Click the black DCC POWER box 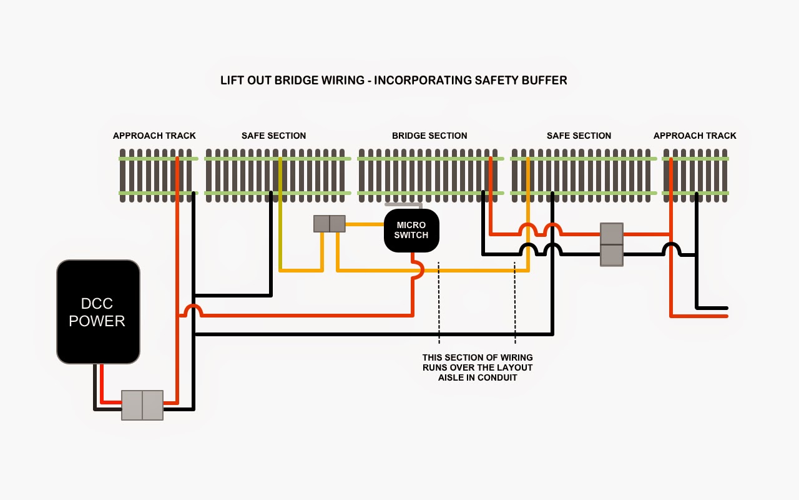tap(98, 312)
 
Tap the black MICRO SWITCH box tap(411, 231)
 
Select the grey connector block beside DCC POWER tap(142, 405)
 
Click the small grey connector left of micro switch tap(330, 224)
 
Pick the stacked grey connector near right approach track tap(612, 244)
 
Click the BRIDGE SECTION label tap(429, 136)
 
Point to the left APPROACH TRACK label tap(154, 136)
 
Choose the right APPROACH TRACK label tap(695, 136)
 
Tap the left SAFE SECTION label tap(273, 136)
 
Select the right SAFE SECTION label tap(579, 136)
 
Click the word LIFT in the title tap(231, 81)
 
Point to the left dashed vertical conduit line tap(439, 302)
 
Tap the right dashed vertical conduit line tap(515, 302)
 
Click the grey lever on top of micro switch tap(403, 204)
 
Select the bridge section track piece tap(428, 176)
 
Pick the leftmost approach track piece tap(158, 176)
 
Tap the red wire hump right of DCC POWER tap(194, 309)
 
